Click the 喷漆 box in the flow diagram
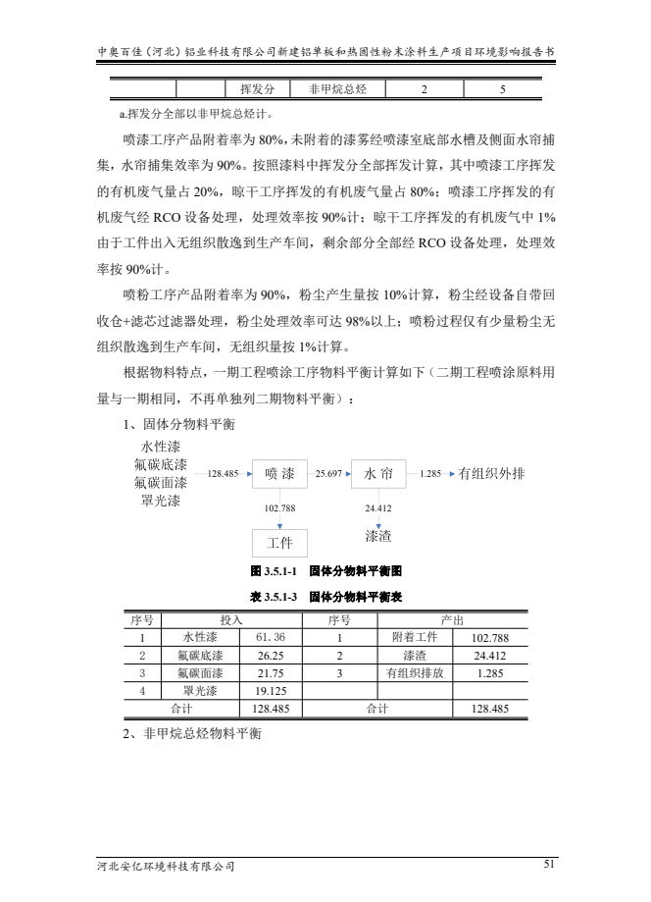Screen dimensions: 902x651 pyautogui.click(x=280, y=474)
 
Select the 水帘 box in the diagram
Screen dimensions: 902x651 pyautogui.click(x=378, y=474)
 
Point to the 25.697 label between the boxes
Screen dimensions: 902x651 pyautogui.click(x=328, y=473)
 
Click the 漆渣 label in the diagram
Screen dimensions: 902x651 pyautogui.click(x=378, y=536)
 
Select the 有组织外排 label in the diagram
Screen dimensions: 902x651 pyautogui.click(x=491, y=474)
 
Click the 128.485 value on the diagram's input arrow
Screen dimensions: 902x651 pyautogui.click(x=225, y=474)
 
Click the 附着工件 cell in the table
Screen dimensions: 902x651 pyautogui.click(x=413, y=638)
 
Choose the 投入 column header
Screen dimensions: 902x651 pyautogui.click(x=232, y=620)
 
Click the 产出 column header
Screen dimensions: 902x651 pyautogui.click(x=453, y=620)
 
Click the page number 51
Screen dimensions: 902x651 pyautogui.click(x=548, y=864)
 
